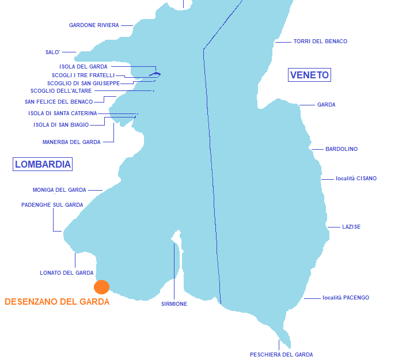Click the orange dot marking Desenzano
coord(101,287)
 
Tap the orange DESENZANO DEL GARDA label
coord(57,302)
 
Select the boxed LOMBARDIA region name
coord(43,164)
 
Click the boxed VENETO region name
coord(309,75)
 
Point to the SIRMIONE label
coord(174,304)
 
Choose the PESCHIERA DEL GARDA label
coord(281,355)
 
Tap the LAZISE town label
coord(351,227)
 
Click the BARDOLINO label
coord(342,149)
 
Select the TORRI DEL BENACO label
coord(320,41)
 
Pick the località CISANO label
coord(356,179)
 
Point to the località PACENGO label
coord(346,298)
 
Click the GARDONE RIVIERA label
coord(94,25)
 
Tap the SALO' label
coord(53,52)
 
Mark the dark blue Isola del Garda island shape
coord(155,74)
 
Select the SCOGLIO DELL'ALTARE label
coord(61,91)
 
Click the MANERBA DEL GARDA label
coord(71,142)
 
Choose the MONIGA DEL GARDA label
coord(59,190)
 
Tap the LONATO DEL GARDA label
coord(67,273)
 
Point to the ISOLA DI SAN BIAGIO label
coord(61,125)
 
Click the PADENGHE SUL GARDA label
coord(52,205)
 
